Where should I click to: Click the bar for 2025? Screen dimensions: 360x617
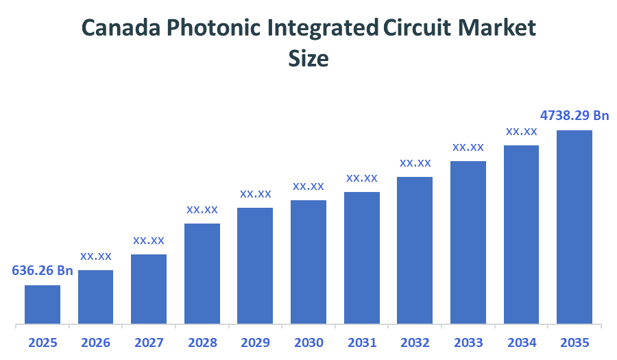[x=43, y=304]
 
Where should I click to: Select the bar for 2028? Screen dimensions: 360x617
[x=202, y=273]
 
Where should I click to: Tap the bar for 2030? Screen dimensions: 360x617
[x=308, y=261]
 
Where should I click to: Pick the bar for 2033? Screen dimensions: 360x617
[x=468, y=242]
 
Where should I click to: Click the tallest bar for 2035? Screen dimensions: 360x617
[x=574, y=226]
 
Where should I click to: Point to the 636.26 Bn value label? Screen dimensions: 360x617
[x=43, y=270]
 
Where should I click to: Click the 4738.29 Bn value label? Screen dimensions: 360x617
[x=574, y=115]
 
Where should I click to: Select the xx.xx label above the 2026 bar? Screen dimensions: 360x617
[x=96, y=256]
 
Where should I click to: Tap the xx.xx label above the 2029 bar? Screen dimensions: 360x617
[x=256, y=193]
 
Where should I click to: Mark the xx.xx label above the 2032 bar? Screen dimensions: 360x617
[x=415, y=163]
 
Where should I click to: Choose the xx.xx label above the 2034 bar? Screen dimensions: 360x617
[x=522, y=131]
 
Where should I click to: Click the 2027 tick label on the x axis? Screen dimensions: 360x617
[x=149, y=342]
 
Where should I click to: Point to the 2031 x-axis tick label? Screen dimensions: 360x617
[x=362, y=342]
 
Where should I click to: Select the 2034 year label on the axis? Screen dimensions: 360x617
[x=522, y=342]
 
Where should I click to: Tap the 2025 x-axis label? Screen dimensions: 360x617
[x=43, y=342]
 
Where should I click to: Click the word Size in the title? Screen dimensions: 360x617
[x=308, y=59]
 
